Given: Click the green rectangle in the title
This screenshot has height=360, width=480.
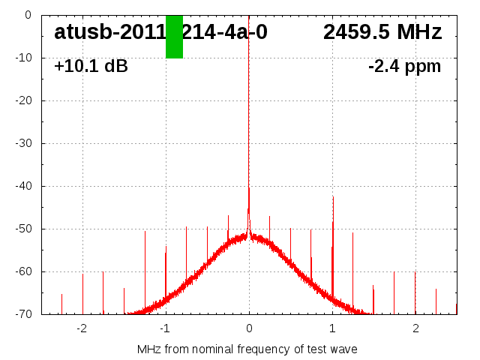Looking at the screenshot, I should tap(174, 36).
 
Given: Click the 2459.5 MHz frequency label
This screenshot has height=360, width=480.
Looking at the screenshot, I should tap(382, 32).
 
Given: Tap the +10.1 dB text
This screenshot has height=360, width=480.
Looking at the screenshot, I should tap(91, 67).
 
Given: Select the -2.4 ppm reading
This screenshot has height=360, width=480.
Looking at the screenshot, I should tap(404, 67).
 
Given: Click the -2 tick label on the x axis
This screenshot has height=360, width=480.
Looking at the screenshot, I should tap(82, 328).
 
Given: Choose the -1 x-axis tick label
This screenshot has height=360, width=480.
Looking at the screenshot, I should tap(165, 328).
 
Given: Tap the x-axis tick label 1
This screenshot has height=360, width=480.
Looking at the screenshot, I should tap(332, 328).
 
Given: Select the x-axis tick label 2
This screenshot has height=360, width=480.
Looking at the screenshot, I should tap(415, 328).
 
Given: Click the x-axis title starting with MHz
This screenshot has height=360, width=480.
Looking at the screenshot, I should tap(247, 349).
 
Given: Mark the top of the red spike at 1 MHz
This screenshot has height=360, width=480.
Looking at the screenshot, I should tap(333, 196).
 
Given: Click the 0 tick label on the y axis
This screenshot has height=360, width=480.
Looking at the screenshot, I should tap(27, 15).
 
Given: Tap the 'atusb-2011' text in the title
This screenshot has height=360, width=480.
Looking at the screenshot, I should tap(109, 32).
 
